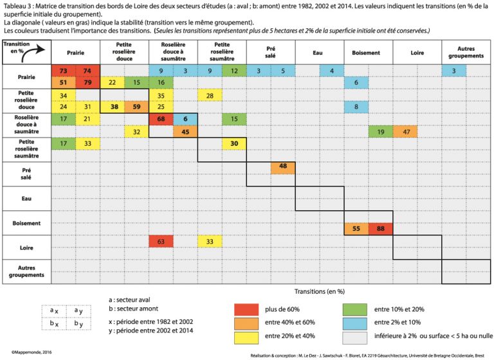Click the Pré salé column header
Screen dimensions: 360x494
click(270, 52)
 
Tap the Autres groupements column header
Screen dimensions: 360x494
click(466, 52)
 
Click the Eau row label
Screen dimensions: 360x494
click(26, 199)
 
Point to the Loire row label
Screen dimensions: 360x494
click(26, 247)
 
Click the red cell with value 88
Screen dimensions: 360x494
click(380, 228)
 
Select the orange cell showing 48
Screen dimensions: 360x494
click(282, 167)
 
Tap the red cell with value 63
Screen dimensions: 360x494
click(161, 241)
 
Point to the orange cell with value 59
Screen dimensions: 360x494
click(136, 107)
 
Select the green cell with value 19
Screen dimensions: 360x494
click(380, 131)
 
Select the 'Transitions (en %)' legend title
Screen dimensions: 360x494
click(319, 291)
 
